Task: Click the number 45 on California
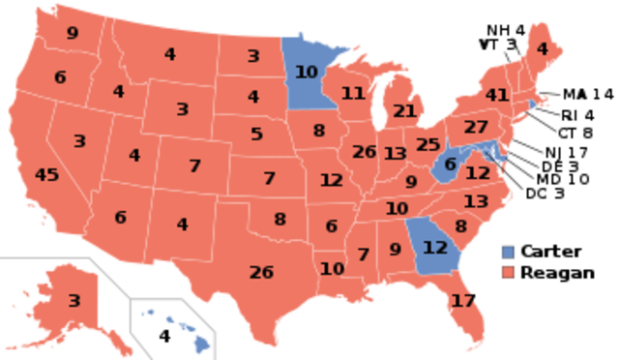[x=46, y=175]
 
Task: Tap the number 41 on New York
[x=497, y=95]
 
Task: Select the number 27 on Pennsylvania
[x=476, y=127]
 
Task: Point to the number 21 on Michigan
[x=404, y=111]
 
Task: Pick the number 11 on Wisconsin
[x=353, y=94]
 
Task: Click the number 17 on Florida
[x=463, y=301]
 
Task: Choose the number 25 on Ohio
[x=428, y=145]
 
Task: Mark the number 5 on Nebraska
[x=256, y=135]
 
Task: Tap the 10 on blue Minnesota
[x=306, y=72]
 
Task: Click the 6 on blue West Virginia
[x=450, y=165]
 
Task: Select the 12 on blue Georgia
[x=436, y=248]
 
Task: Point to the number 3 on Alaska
[x=74, y=301]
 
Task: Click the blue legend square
[x=509, y=252]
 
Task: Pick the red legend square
[x=509, y=272]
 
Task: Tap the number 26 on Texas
[x=261, y=272]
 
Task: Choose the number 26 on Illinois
[x=365, y=152]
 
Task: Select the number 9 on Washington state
[x=73, y=34]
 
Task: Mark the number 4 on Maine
[x=542, y=48]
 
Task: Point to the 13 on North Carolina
[x=476, y=201]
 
